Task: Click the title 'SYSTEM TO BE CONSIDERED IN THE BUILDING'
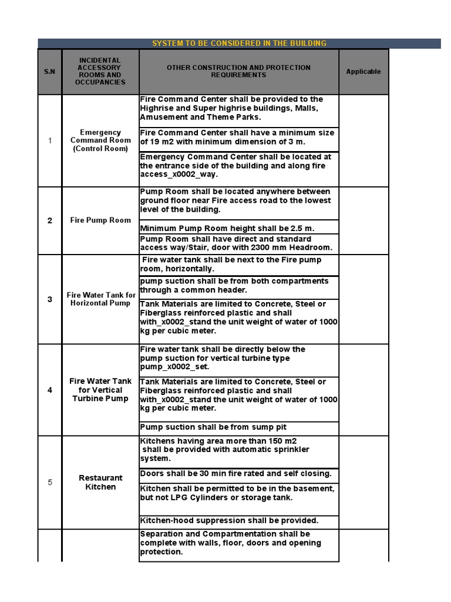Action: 239,44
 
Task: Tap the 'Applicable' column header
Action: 363,72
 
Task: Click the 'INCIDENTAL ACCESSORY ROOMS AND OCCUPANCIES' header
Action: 100,72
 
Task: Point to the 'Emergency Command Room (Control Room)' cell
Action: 100,141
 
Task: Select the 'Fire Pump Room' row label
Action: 100,220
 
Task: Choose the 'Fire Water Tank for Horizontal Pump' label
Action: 100,299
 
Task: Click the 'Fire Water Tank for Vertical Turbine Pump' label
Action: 100,390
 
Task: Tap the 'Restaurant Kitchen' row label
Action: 100,482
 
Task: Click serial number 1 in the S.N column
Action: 50,141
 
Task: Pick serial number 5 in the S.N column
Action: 50,483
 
